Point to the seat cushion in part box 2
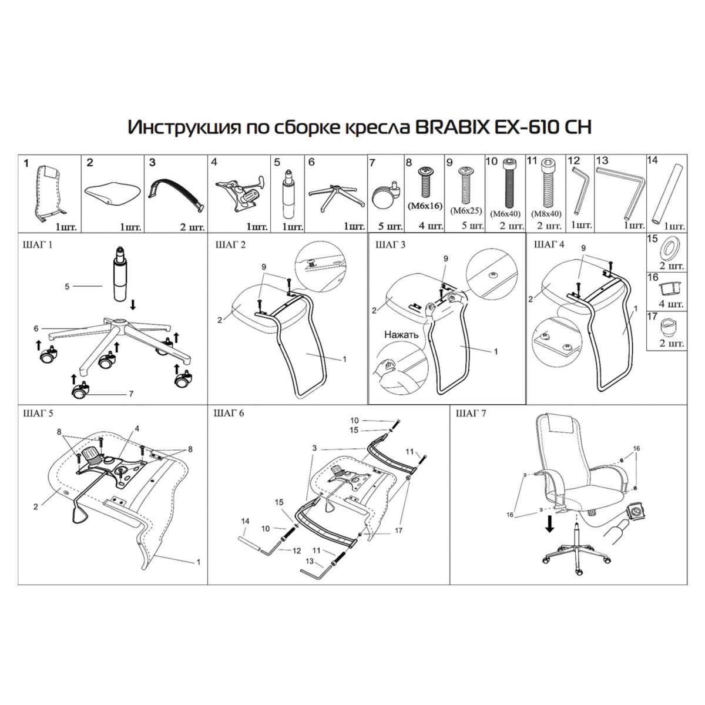(112, 192)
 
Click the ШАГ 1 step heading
(35, 245)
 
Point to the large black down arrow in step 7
(549, 523)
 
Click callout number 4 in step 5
(137, 428)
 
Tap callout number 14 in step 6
(246, 521)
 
